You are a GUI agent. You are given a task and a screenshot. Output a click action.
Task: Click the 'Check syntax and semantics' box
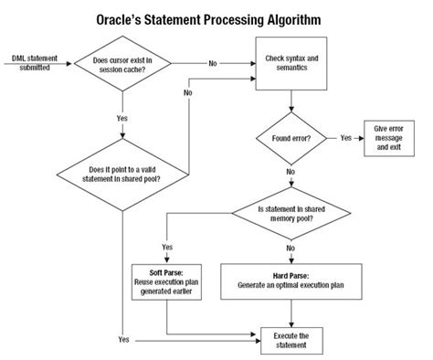coord(291,63)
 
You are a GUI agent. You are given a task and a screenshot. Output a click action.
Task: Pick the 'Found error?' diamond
coord(291,138)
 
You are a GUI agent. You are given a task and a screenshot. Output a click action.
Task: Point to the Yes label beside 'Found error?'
coord(346,138)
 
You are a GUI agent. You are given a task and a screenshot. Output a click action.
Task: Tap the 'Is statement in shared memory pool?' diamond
coord(291,214)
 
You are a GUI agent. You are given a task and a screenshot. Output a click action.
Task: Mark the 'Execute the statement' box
coord(291,340)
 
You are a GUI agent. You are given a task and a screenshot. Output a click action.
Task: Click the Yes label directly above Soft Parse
coord(167,247)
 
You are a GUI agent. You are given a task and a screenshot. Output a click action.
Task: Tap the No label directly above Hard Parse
coord(291,247)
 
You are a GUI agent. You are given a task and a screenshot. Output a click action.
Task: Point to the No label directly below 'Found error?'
coord(291,171)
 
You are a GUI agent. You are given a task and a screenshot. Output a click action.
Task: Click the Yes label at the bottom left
coord(123,340)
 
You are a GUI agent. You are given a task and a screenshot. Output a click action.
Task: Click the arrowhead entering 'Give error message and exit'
coord(362,138)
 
